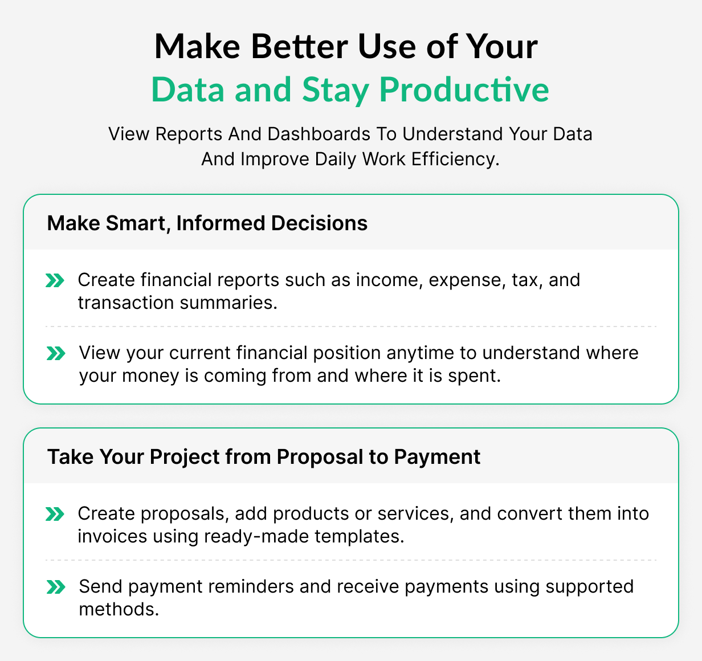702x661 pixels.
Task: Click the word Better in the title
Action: [299, 47]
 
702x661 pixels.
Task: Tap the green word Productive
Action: [464, 89]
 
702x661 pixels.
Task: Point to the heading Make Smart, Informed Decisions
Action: [207, 223]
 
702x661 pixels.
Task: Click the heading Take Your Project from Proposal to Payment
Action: [264, 457]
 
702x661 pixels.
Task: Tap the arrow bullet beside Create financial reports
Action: [55, 280]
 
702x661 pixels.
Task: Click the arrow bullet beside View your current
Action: [55, 353]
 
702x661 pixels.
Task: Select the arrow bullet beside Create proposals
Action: [55, 514]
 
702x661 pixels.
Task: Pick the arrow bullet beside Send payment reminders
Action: [55, 587]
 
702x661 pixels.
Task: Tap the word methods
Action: [119, 610]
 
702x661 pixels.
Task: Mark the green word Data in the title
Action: [188, 89]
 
